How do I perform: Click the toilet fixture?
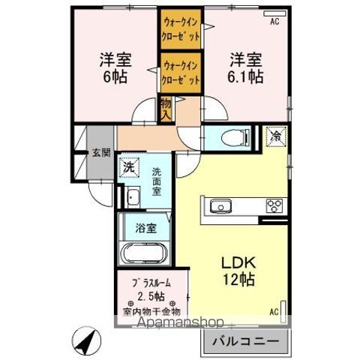pyautogui.click(x=229, y=137)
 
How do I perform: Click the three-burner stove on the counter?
pyautogui.click(x=272, y=207)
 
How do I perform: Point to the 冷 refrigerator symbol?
pyautogui.click(x=276, y=137)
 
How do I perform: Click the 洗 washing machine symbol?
pyautogui.click(x=129, y=167)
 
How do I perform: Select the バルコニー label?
pyautogui.click(x=244, y=342)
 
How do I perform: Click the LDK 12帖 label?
pyautogui.click(x=238, y=271)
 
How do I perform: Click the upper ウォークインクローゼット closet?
pyautogui.click(x=181, y=29)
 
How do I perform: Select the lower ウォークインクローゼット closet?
pyautogui.click(x=181, y=72)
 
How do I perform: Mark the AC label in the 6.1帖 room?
pyautogui.click(x=274, y=22)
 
